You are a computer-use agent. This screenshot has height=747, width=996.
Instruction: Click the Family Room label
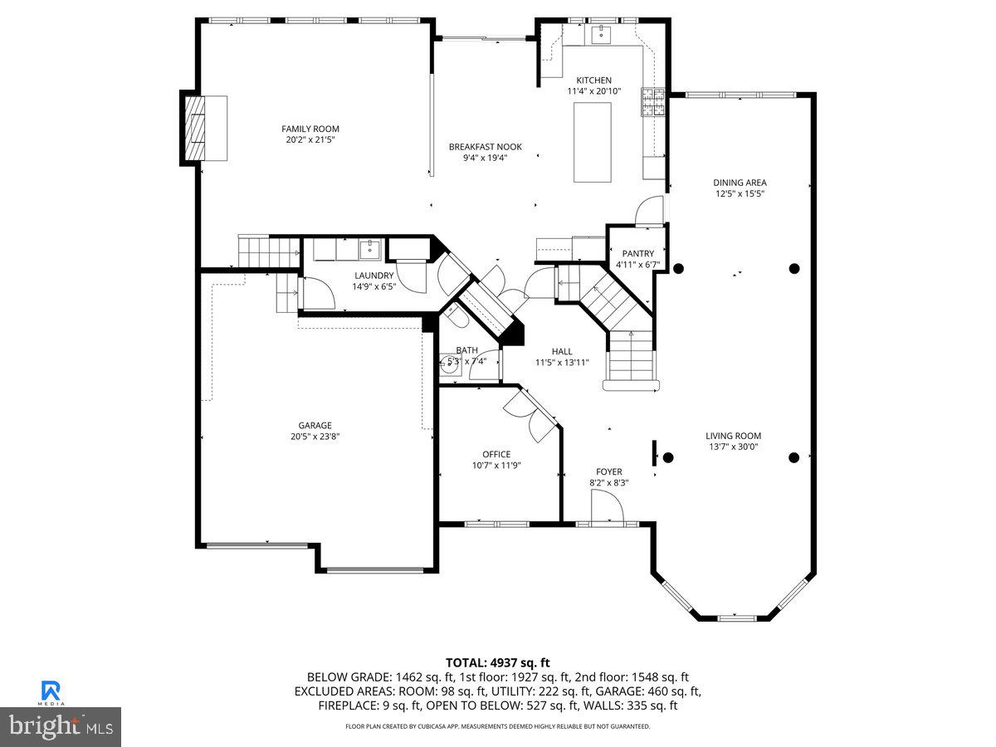(x=310, y=129)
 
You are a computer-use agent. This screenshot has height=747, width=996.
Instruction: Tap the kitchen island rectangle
(x=593, y=144)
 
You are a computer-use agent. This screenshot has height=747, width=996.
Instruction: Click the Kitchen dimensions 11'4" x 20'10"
(x=593, y=91)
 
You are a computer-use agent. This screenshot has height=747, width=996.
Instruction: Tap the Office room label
(x=496, y=454)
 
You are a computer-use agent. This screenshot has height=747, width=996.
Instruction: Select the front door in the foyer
(x=606, y=506)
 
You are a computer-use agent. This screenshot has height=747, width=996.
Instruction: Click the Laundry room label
(x=373, y=276)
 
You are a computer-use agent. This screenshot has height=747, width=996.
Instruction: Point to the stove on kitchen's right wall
(x=652, y=101)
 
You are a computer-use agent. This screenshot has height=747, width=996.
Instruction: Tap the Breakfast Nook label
(x=485, y=147)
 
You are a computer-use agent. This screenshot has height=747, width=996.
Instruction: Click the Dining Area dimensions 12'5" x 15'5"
(x=740, y=193)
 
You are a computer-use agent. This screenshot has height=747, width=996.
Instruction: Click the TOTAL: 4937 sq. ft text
(x=497, y=662)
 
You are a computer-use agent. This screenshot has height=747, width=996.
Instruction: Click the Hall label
(x=562, y=351)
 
